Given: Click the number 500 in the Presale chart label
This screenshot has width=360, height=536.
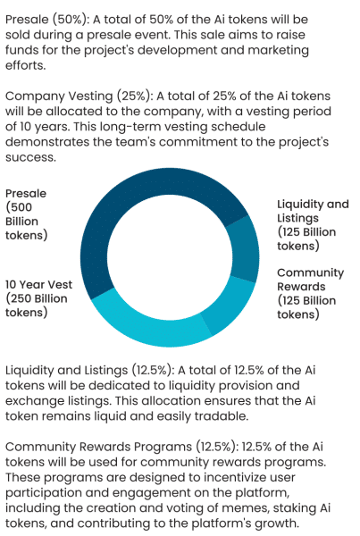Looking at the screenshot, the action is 21,207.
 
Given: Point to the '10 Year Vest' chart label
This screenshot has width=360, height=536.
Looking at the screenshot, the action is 38,284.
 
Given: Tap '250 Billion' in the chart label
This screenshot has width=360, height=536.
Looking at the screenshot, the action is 38,298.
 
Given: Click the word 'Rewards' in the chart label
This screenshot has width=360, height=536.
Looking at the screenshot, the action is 301,287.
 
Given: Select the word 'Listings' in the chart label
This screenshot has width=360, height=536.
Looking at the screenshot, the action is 297,218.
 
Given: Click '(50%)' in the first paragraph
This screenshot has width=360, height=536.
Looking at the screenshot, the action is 71,20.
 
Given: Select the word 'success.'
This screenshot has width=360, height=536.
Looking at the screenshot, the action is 30,157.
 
